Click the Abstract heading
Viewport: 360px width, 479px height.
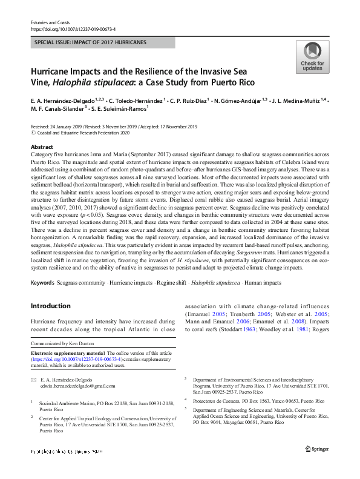coord(43,147)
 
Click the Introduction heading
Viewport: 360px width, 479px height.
coord(51,306)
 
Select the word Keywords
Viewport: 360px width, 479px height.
coord(44,283)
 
